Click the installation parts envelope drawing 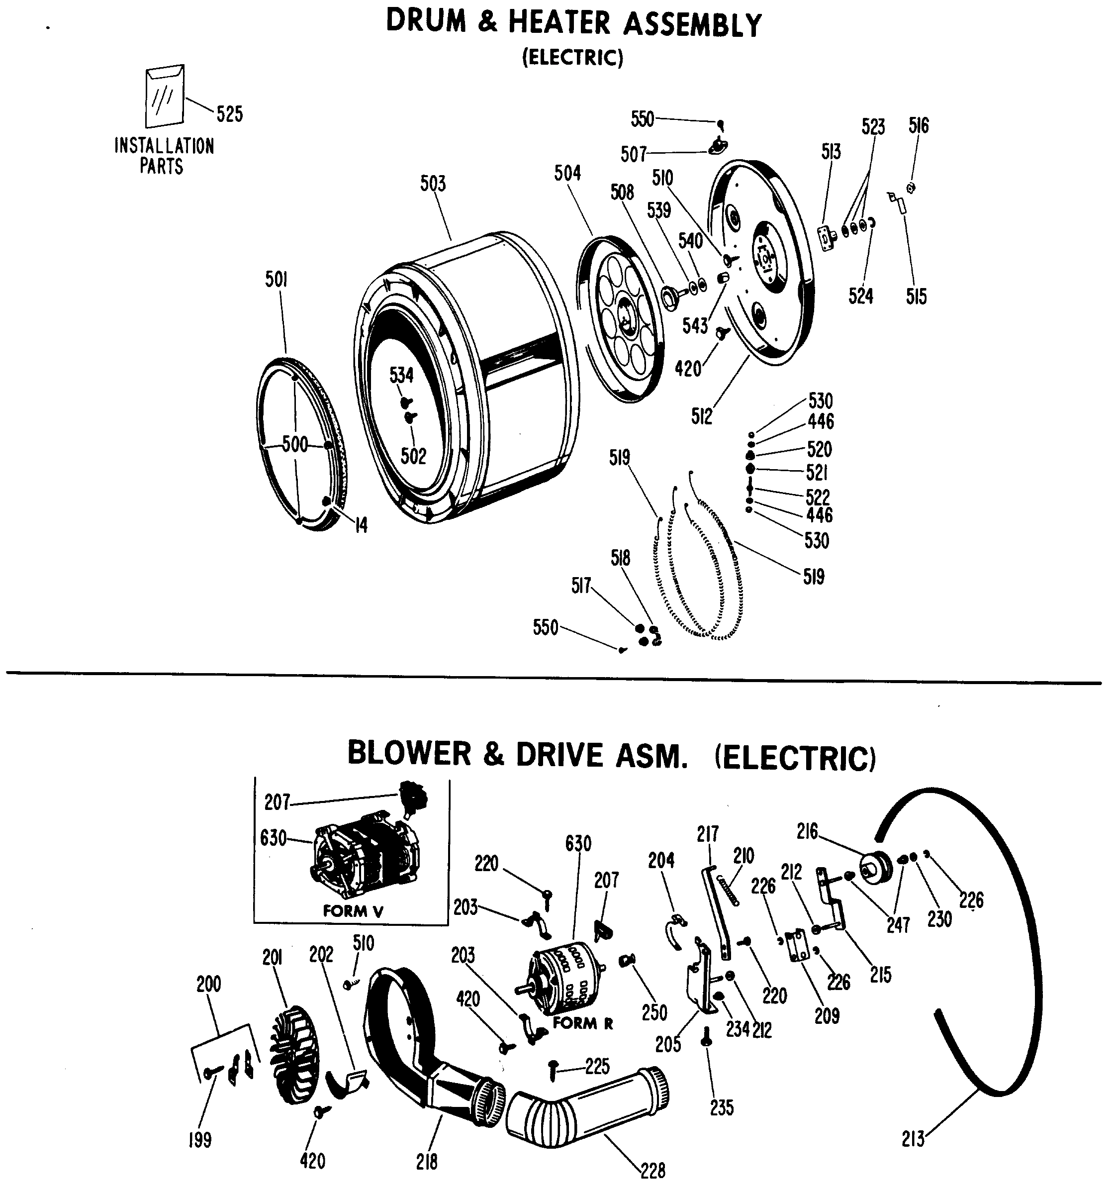164,96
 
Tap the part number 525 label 229,113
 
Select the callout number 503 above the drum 433,183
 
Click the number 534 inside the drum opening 401,376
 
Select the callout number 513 831,152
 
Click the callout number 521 817,473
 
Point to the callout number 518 620,559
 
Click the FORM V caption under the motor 353,911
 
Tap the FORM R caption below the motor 582,1023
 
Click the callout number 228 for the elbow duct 653,1171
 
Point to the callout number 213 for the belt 913,1139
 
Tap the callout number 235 721,1108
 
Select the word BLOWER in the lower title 409,754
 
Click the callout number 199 200,1139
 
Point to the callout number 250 654,1012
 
